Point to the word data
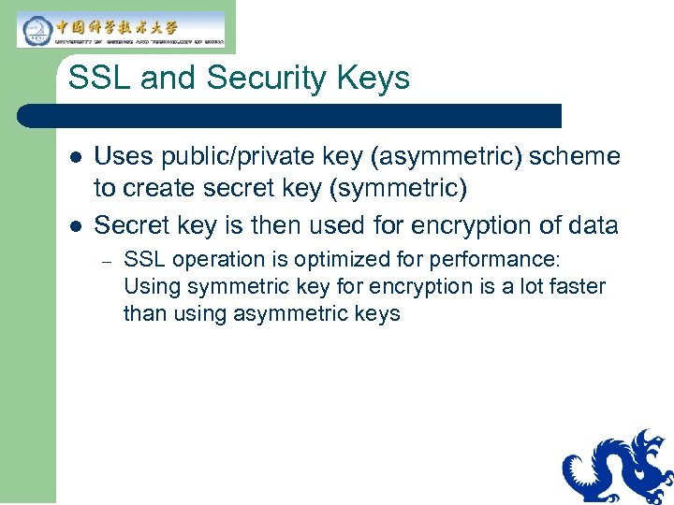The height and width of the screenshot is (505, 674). tap(591, 224)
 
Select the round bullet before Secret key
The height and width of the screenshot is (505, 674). tap(76, 225)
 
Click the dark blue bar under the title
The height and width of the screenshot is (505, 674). tap(290, 116)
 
